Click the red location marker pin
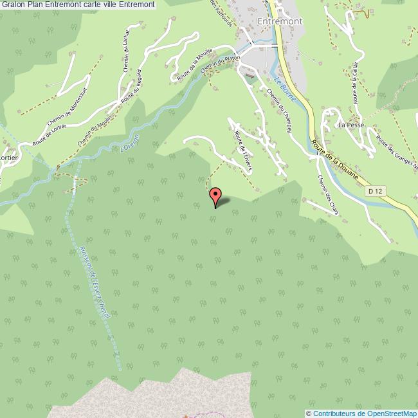(x=215, y=195)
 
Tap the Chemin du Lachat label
(x=125, y=47)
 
